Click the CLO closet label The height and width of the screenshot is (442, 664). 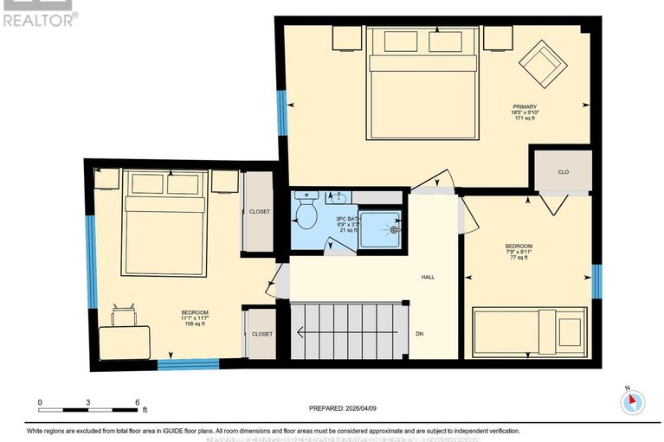point(563,171)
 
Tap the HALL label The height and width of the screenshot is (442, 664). point(428,278)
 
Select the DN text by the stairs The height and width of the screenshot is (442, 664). point(419,334)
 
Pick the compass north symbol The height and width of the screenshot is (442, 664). point(633,401)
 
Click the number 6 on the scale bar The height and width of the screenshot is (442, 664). point(137,402)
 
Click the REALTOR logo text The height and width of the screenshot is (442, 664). point(38,18)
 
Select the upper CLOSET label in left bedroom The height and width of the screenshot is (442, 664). point(259,212)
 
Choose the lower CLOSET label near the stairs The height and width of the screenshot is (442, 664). point(261,334)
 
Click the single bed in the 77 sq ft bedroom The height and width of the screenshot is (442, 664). point(528,331)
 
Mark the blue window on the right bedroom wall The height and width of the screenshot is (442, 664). point(596,281)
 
